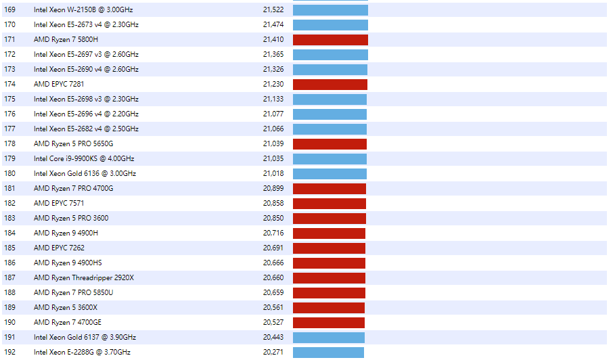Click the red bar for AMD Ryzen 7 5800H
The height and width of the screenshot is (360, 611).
pyautogui.click(x=330, y=40)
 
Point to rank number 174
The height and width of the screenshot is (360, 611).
pyautogui.click(x=9, y=85)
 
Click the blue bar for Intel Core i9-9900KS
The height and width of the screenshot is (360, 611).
pyautogui.click(x=330, y=159)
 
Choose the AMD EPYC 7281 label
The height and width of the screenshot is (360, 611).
pyautogui.click(x=59, y=85)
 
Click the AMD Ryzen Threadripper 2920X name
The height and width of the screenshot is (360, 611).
pyautogui.click(x=84, y=278)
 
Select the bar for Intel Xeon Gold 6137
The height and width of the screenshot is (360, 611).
pyautogui.click(x=329, y=338)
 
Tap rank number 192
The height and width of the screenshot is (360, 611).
pyautogui.click(x=9, y=353)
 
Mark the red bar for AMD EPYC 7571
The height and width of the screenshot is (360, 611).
pyautogui.click(x=330, y=204)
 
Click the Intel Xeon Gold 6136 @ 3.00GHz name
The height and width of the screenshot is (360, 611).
pyautogui.click(x=85, y=174)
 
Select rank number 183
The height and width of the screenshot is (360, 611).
pyautogui.click(x=9, y=219)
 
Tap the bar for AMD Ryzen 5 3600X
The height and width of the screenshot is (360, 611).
pyautogui.click(x=329, y=308)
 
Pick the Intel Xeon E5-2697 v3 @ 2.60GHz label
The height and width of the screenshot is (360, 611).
pyautogui.click(x=86, y=55)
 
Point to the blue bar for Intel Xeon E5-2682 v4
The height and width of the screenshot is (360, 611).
pyautogui.click(x=330, y=129)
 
